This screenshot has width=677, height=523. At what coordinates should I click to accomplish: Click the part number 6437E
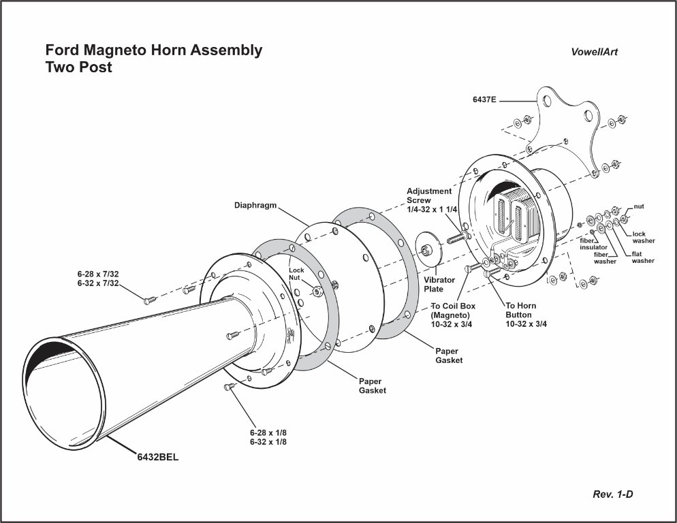click(x=484, y=99)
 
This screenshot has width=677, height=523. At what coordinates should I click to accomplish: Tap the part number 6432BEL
click(x=158, y=457)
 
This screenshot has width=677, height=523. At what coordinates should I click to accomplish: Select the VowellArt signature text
click(x=595, y=52)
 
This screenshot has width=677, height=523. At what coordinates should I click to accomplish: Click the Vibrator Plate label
click(x=439, y=285)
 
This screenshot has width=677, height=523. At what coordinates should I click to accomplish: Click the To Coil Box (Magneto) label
click(x=453, y=315)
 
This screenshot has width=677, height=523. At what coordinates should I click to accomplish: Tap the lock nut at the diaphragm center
click(x=317, y=291)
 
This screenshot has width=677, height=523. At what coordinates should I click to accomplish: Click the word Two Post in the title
click(x=78, y=67)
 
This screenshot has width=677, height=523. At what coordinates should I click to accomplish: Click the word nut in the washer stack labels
click(x=639, y=206)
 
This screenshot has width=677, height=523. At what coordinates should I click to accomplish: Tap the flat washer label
click(x=642, y=257)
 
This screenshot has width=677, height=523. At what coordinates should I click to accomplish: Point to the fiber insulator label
click(x=593, y=244)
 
